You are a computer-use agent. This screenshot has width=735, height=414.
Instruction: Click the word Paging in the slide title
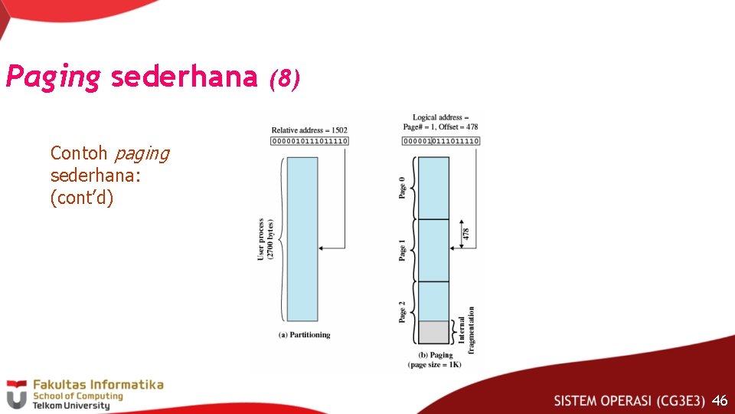point(52,77)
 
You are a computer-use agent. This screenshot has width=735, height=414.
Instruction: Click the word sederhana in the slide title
point(184,77)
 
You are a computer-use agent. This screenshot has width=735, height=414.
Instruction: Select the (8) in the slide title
point(284,78)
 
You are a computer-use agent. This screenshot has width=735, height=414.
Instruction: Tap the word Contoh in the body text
point(79,153)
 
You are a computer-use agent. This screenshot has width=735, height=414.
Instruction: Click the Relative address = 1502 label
point(309,130)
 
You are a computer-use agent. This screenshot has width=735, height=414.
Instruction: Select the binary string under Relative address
point(309,141)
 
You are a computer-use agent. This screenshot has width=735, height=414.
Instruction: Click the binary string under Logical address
point(441,141)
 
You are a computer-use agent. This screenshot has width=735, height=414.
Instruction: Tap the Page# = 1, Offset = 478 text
point(441,127)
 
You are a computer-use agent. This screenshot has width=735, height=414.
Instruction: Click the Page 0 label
point(403,188)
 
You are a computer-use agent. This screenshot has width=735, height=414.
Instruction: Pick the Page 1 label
point(403,250)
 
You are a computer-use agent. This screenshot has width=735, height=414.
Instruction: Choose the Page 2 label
point(403,311)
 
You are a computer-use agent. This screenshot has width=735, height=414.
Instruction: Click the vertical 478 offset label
point(466,234)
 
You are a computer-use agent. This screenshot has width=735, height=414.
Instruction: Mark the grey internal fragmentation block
point(433,332)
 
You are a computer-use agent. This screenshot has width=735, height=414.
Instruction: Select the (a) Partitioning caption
point(304,335)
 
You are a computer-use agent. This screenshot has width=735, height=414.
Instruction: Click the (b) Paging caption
point(434,355)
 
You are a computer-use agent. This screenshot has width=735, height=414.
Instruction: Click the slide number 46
point(720,400)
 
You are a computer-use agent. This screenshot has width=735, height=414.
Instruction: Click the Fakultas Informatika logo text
point(96,385)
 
